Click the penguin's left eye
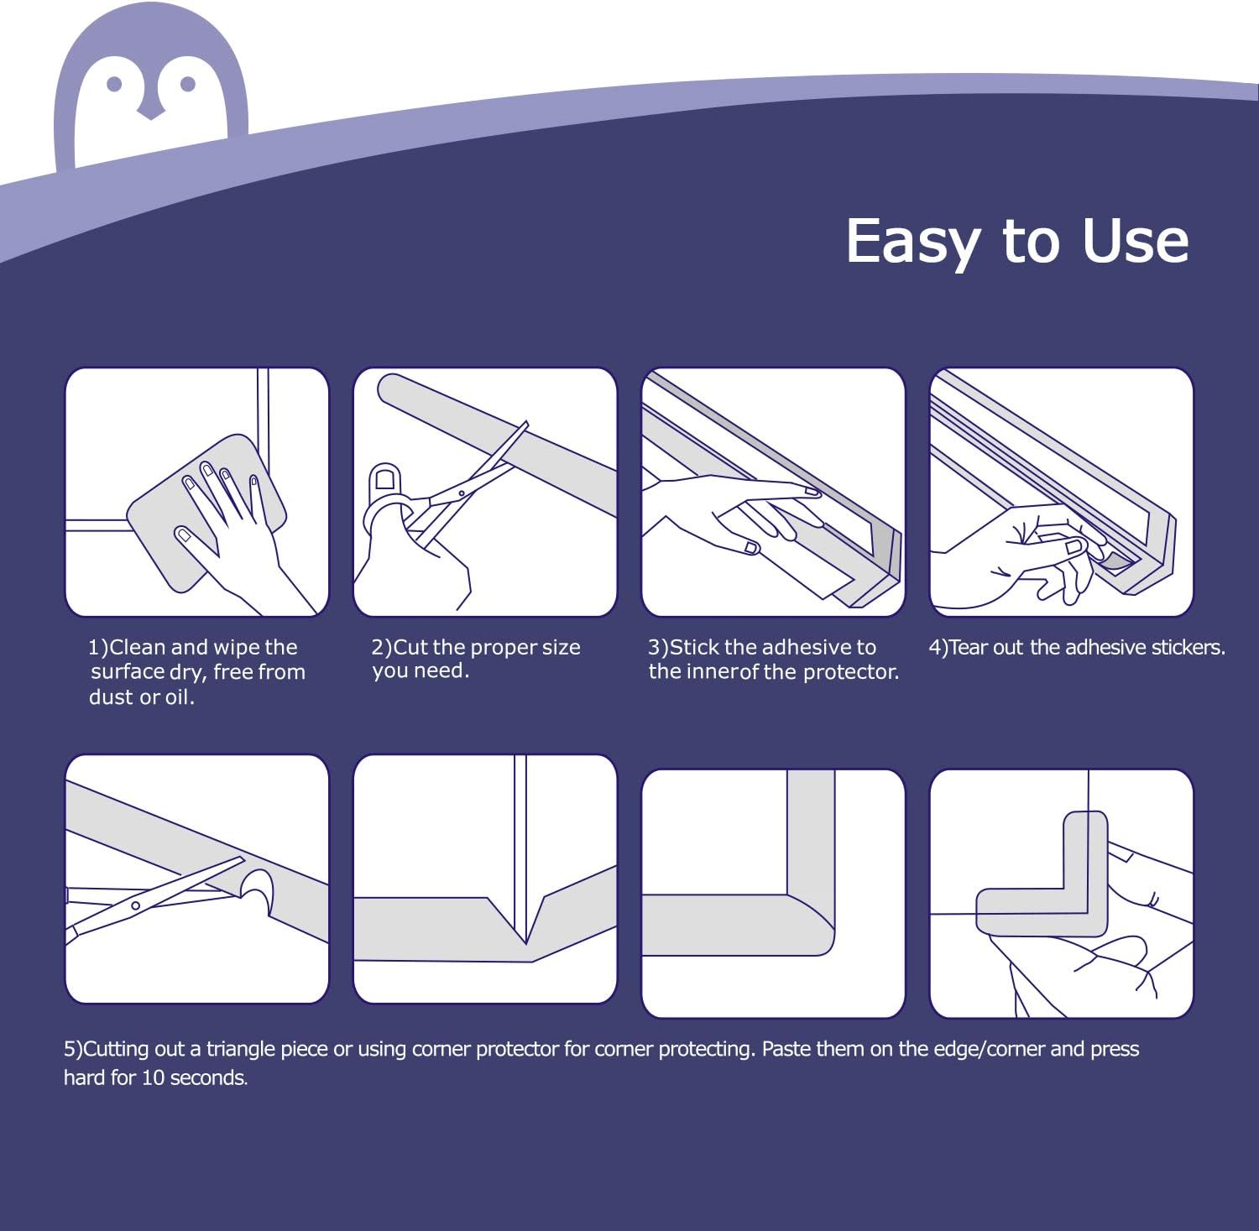point(115,84)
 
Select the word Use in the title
point(1135,241)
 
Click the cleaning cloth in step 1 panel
point(206,512)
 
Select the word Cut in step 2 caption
point(410,647)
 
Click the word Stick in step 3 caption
point(694,647)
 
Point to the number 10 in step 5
point(152,1077)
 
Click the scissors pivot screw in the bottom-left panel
point(135,905)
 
